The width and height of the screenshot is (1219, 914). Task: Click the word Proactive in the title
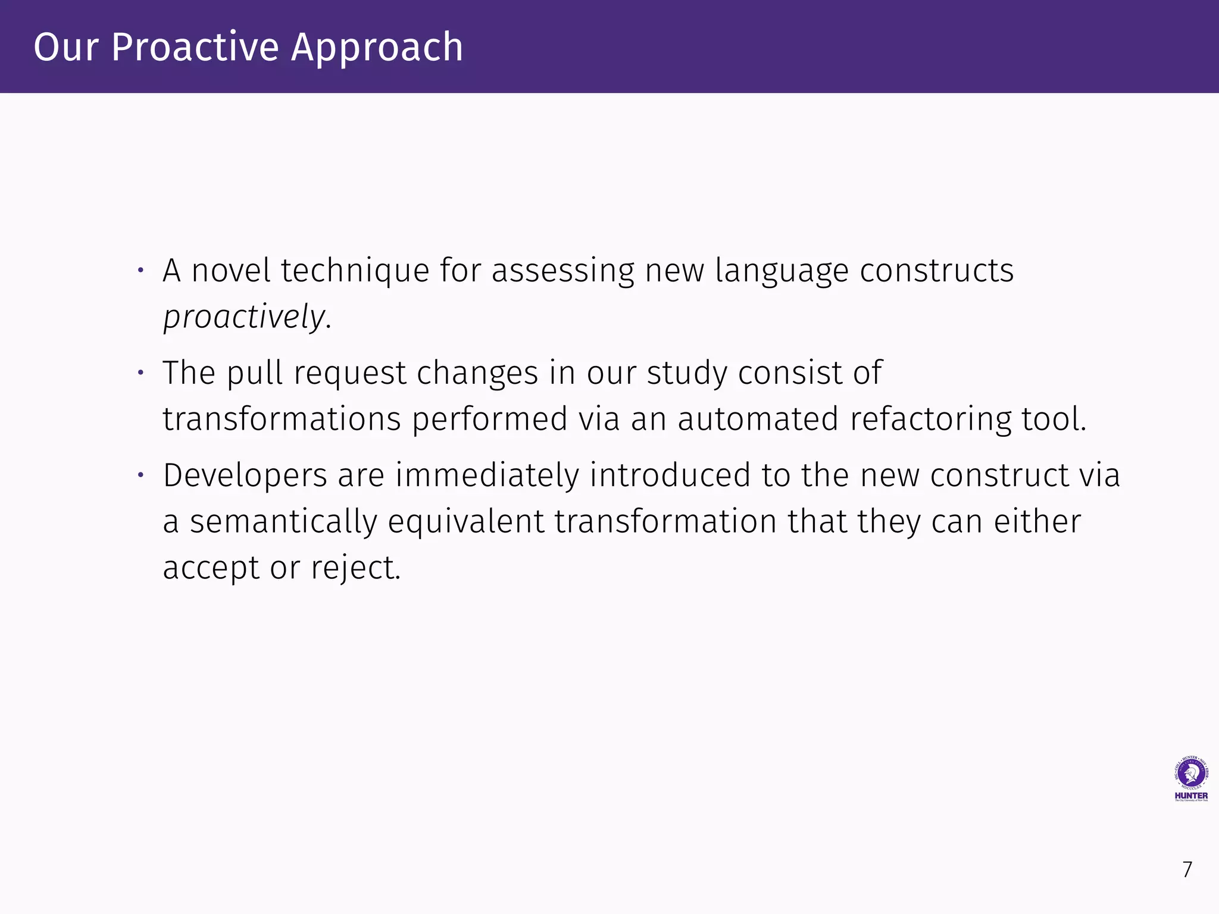point(195,47)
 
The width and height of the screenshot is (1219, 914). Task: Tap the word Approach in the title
point(377,47)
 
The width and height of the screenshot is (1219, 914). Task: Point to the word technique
point(355,271)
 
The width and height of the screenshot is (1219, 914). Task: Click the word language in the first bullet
point(782,271)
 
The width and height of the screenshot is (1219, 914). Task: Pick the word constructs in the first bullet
point(936,271)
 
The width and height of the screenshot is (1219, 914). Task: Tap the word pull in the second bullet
point(254,374)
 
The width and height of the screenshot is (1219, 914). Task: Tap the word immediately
point(487,476)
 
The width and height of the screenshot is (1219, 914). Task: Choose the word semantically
point(283,522)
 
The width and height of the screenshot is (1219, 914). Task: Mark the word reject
point(356,568)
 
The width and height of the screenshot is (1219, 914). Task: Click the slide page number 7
point(1187,870)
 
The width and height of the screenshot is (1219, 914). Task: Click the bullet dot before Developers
point(141,475)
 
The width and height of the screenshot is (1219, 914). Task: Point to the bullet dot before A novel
point(141,271)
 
